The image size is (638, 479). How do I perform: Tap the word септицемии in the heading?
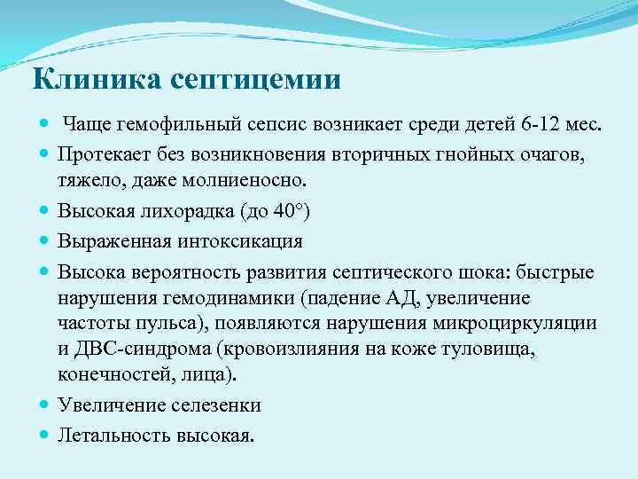(257, 81)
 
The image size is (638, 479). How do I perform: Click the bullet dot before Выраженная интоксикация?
(44, 241)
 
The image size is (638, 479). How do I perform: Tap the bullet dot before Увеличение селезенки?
(44, 404)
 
